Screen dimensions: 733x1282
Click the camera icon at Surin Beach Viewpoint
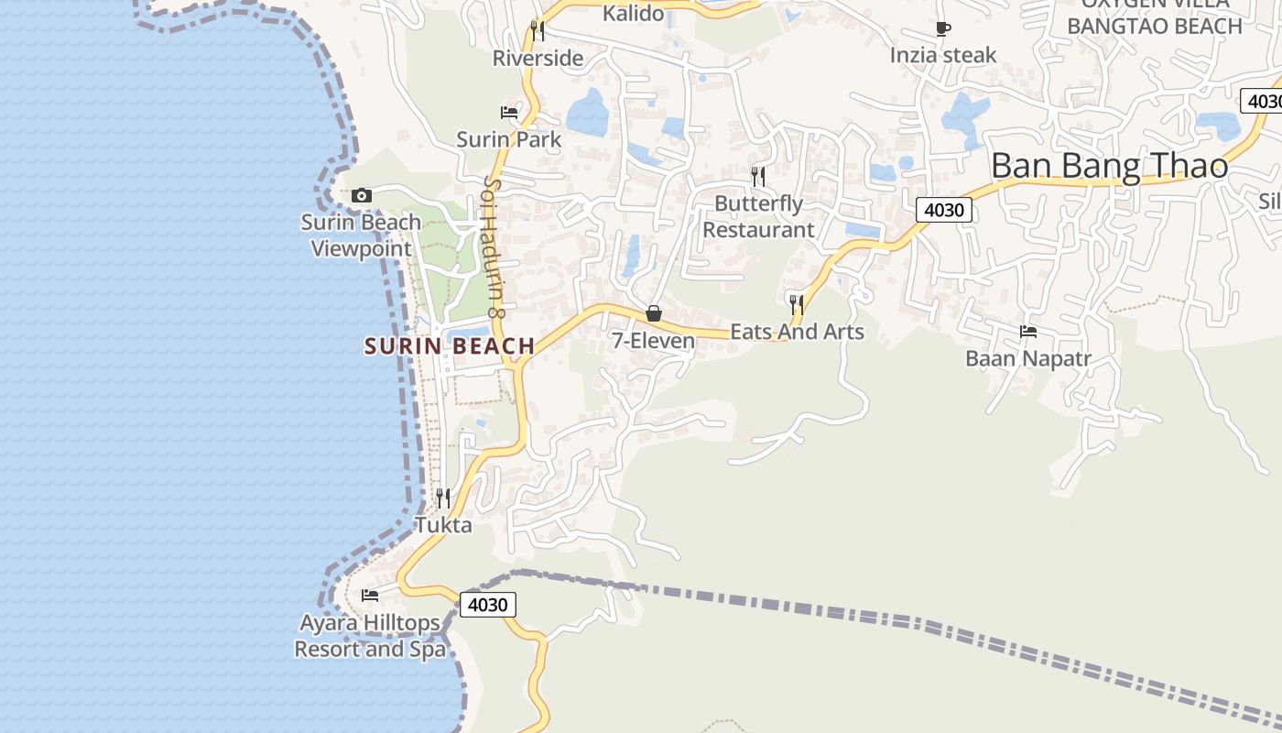(362, 195)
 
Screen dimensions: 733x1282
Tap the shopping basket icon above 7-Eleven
(654, 313)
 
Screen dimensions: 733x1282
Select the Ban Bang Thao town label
(1109, 166)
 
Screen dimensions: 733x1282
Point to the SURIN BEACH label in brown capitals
(450, 346)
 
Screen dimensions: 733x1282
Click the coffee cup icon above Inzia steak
(943, 29)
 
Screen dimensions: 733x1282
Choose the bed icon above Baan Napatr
(1028, 332)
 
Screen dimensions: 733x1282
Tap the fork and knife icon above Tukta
(443, 498)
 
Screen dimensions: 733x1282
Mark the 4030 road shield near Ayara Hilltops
(487, 605)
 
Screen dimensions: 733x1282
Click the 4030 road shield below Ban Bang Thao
(944, 210)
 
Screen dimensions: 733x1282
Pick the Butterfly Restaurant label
(758, 217)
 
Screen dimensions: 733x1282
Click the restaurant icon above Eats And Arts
(797, 304)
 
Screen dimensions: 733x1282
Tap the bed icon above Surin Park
(509, 113)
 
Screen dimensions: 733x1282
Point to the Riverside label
(538, 59)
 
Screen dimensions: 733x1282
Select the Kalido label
(633, 13)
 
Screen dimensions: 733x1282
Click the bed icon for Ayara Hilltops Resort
(370, 595)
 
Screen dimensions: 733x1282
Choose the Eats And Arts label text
(797, 332)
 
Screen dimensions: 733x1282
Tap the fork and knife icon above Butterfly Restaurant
(758, 176)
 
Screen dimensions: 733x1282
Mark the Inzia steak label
(943, 55)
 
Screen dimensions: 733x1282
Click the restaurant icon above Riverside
(538, 31)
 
